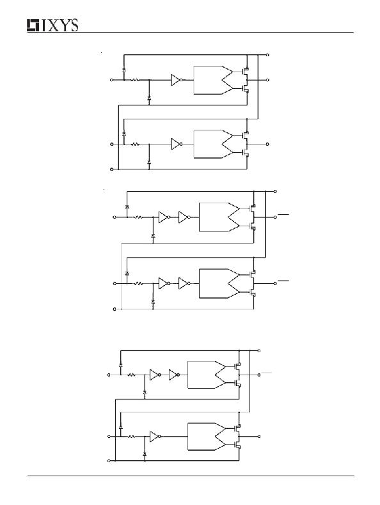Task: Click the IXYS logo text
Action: pyautogui.click(x=52, y=26)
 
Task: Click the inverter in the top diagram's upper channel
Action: pyautogui.click(x=177, y=80)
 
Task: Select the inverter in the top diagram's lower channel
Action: pyautogui.click(x=177, y=144)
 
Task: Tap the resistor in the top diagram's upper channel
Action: pyautogui.click(x=135, y=80)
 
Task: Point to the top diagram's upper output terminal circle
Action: pyautogui.click(x=267, y=80)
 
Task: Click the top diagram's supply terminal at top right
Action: pyautogui.click(x=267, y=55)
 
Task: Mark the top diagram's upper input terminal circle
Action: pyautogui.click(x=112, y=80)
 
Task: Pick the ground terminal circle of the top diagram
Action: pyautogui.click(x=112, y=169)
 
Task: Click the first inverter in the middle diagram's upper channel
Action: pyautogui.click(x=164, y=217)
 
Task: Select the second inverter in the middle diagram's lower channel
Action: pyautogui.click(x=184, y=283)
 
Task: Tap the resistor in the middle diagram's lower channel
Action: pyautogui.click(x=139, y=283)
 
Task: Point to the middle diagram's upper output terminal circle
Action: pyautogui.click(x=275, y=217)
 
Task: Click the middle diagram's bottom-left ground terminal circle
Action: pyautogui.click(x=115, y=309)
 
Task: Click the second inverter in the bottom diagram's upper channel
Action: pyautogui.click(x=175, y=375)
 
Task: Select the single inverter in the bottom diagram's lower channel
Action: pyautogui.click(x=155, y=437)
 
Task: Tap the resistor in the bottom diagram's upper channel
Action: pyautogui.click(x=132, y=375)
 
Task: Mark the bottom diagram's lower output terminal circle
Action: pyautogui.click(x=259, y=437)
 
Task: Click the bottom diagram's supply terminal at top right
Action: pyautogui.click(x=259, y=350)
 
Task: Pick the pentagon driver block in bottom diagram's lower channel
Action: pyautogui.click(x=206, y=437)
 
